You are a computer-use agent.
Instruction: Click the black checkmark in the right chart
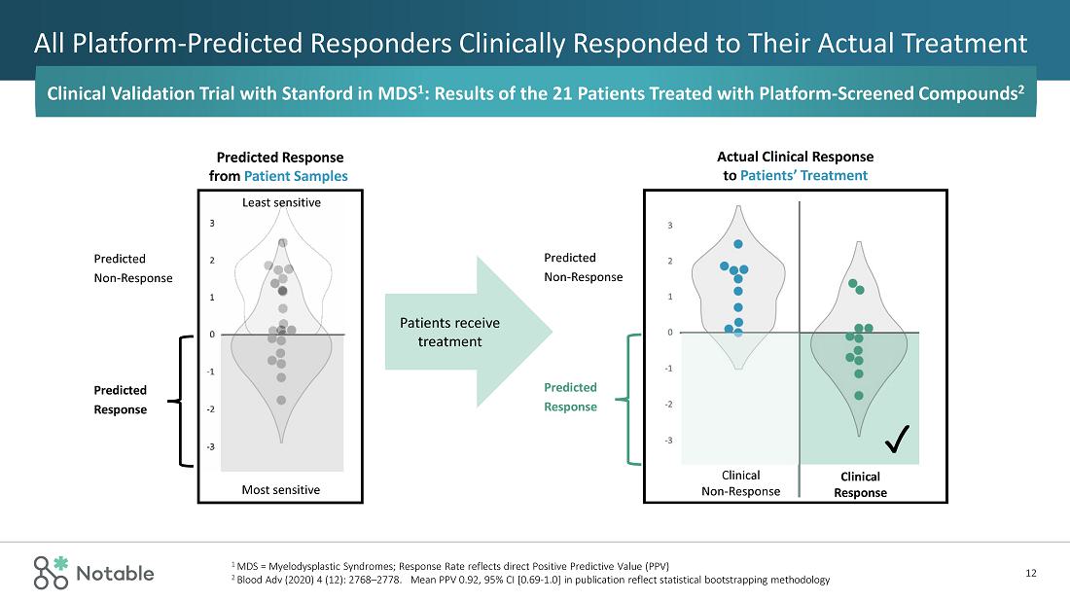pos(897,443)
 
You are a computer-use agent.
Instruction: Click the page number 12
pos(1031,573)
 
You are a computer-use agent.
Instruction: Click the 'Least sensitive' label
pos(280,202)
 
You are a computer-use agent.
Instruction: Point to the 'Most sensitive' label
pos(280,489)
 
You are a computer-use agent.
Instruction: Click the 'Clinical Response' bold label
pos(860,484)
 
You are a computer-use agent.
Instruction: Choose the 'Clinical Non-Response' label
pos(740,483)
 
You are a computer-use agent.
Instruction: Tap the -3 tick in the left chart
pos(212,446)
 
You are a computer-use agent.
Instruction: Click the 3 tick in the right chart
pos(669,226)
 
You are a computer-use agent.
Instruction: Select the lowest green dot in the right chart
pos(859,396)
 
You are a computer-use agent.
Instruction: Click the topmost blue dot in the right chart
pos(738,244)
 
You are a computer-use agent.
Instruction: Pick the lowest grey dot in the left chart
pos(281,400)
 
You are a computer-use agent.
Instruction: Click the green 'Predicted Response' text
pos(570,397)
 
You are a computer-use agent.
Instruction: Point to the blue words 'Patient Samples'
pos(296,176)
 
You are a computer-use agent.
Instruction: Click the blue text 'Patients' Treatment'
pos(803,176)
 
